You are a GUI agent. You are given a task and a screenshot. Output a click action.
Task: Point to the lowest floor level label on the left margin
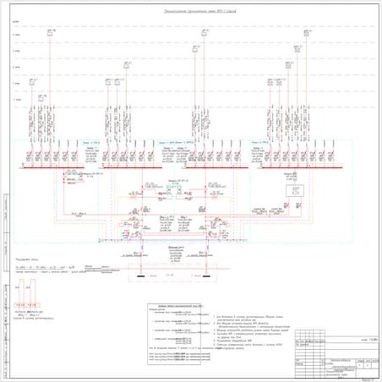tap(16, 99)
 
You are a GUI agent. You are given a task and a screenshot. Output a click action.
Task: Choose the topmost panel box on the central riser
tap(204, 33)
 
